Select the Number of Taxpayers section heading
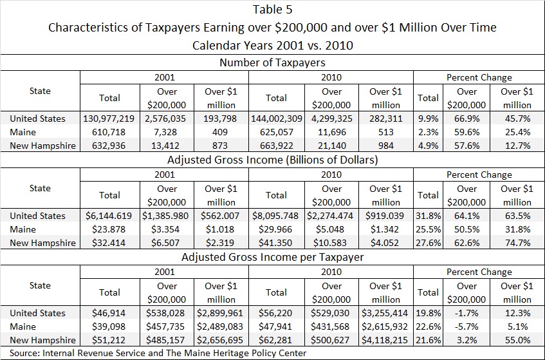[272, 62]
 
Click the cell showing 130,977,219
[109, 118]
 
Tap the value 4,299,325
[331, 118]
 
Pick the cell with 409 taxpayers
[221, 132]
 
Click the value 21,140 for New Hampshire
[331, 146]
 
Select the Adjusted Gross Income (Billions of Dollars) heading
[272, 160]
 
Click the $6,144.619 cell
[109, 216]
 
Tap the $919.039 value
[386, 216]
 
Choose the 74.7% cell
[517, 243]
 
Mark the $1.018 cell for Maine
[221, 229]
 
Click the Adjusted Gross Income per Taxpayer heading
[272, 257]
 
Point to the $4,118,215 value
[386, 339]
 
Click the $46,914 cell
[109, 313]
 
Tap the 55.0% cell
[517, 339]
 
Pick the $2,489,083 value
[221, 326]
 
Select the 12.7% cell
[517, 146]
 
